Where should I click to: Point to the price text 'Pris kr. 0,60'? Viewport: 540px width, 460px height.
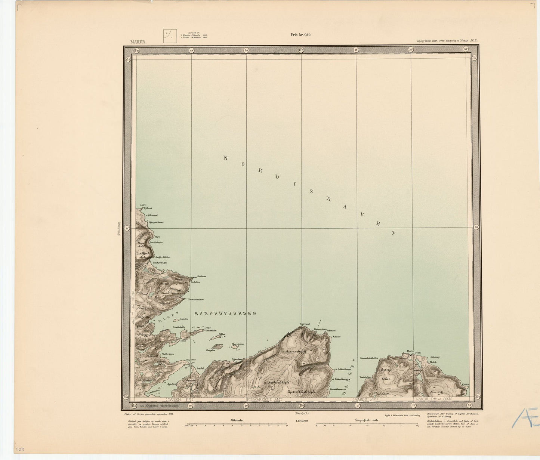(x=301, y=35)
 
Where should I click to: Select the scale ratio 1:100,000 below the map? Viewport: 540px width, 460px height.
(x=301, y=421)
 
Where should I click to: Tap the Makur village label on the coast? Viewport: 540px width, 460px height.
(x=410, y=351)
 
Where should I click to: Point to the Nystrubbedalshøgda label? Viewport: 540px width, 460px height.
(x=302, y=392)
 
